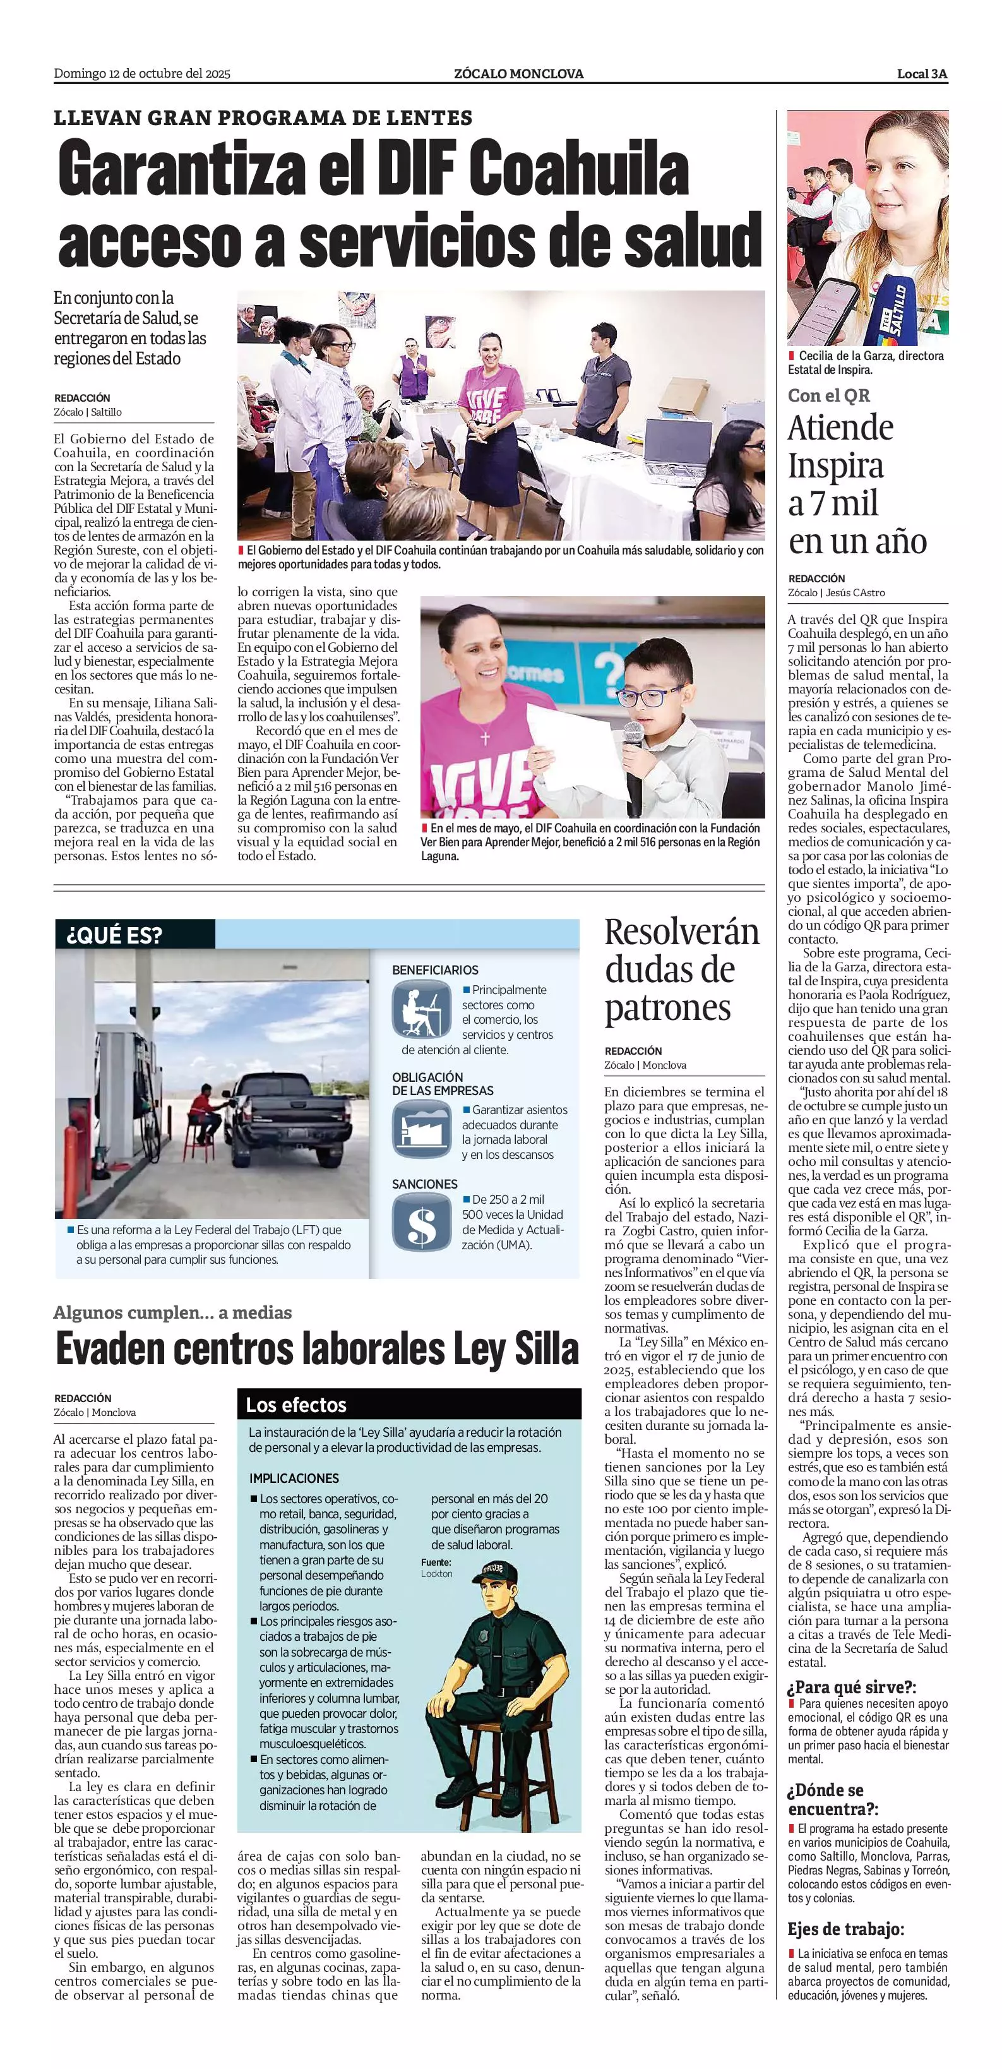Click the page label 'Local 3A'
(x=922, y=74)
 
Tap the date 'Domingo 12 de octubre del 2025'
(x=142, y=74)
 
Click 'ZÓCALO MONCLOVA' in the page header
(x=518, y=74)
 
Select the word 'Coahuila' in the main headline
(x=578, y=171)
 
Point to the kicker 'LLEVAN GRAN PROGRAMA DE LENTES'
(x=263, y=118)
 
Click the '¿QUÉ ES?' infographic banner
(x=115, y=935)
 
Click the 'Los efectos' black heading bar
(x=410, y=1405)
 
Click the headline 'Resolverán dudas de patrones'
(x=681, y=969)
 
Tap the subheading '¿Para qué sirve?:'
(x=852, y=1687)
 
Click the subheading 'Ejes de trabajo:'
(x=845, y=1929)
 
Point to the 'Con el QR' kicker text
(x=828, y=395)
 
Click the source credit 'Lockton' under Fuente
(x=437, y=1573)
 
